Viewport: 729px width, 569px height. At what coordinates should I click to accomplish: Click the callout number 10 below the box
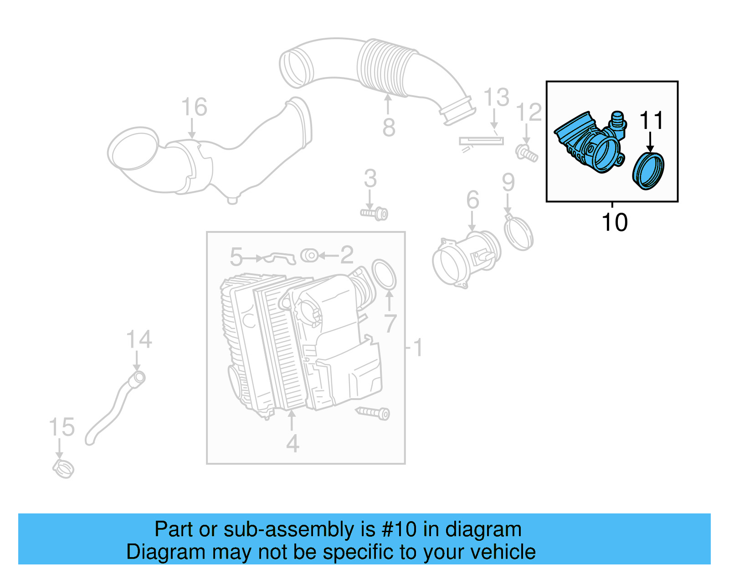point(614,222)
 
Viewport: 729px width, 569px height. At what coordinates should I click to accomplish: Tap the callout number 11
point(651,121)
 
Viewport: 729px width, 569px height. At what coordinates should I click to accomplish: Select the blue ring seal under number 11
point(649,171)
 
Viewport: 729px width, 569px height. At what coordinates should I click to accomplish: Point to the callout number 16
point(194,107)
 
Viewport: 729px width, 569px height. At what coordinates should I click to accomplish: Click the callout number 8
point(388,127)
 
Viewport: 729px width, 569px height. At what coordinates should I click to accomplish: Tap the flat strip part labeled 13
point(481,141)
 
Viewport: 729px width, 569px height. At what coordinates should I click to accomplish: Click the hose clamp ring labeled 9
point(519,233)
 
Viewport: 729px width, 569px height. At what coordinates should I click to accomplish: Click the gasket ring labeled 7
point(384,274)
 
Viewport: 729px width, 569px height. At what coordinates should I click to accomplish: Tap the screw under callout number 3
point(375,213)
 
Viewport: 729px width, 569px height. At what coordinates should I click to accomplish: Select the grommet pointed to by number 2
point(310,256)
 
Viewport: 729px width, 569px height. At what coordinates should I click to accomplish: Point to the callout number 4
point(293,443)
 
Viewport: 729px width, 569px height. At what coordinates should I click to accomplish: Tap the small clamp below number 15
point(63,468)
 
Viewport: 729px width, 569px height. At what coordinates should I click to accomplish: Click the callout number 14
point(139,340)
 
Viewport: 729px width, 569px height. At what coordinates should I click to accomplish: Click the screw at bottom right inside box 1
point(373,413)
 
